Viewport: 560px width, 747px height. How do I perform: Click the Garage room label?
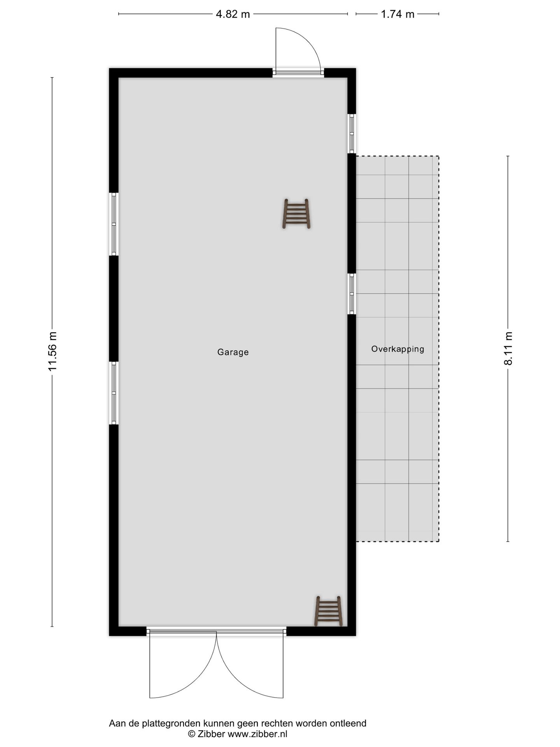233,352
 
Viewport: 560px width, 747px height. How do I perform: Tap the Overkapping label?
397,349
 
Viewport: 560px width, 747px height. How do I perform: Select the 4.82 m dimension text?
233,14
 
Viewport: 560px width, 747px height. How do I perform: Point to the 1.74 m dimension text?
397,14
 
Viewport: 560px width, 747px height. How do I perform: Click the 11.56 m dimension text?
52,351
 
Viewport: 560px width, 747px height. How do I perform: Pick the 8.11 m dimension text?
508,348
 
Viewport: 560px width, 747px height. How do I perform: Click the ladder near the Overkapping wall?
296,214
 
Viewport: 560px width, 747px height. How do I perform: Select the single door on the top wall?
298,51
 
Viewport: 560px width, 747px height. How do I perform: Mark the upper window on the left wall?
114,224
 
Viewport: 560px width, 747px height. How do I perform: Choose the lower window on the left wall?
114,393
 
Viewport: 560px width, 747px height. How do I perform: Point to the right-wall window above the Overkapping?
352,133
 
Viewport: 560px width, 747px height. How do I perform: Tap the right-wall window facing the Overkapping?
352,294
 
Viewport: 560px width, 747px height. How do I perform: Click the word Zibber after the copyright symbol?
211,734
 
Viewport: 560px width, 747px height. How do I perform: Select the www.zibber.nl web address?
257,734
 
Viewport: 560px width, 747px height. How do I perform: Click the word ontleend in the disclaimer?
348,723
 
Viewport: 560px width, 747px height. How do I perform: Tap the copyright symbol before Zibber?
191,734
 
